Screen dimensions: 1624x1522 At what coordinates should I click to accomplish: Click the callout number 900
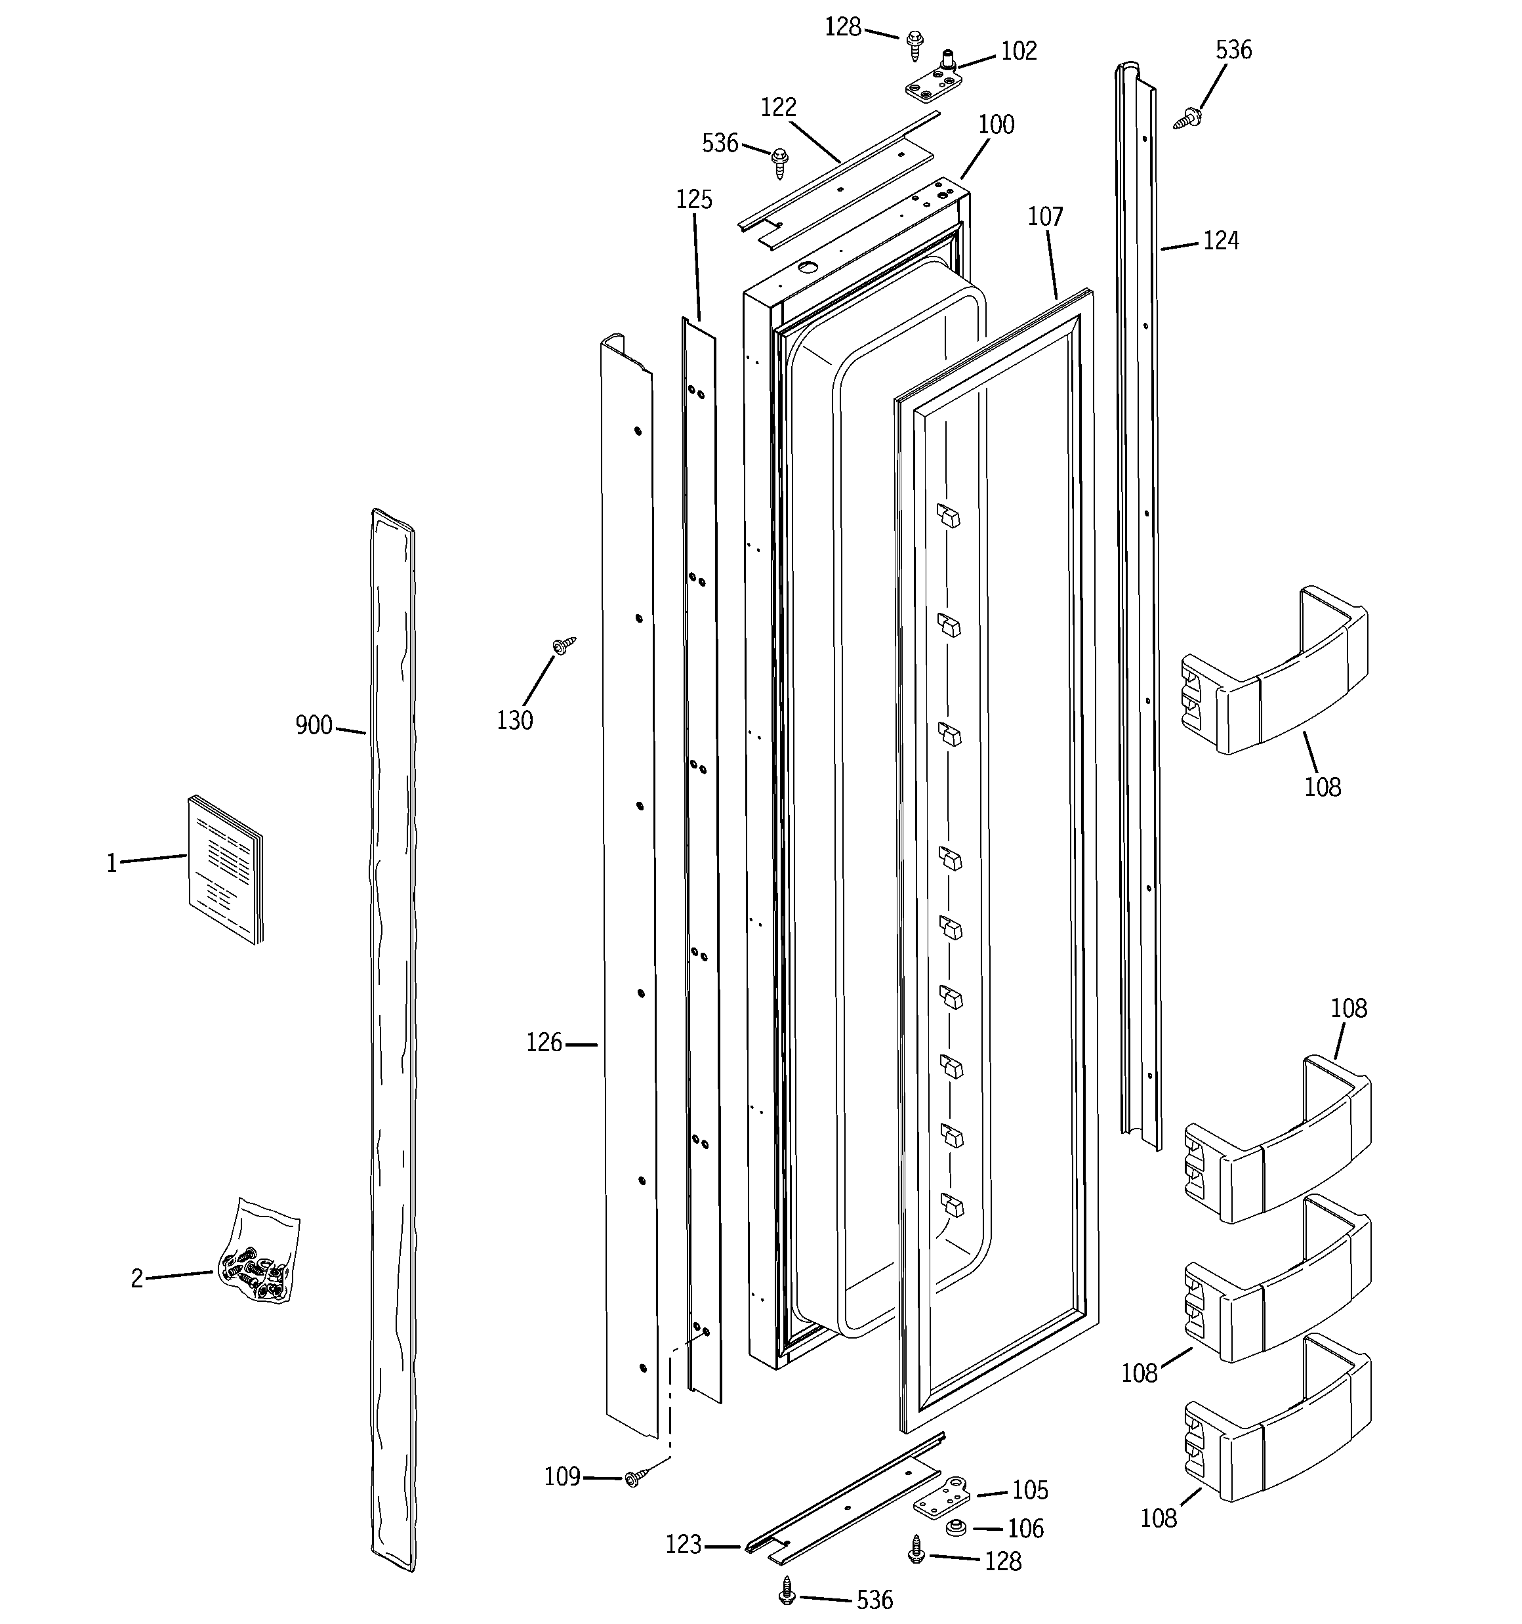(314, 724)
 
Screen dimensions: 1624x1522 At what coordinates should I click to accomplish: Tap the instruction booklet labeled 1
(226, 870)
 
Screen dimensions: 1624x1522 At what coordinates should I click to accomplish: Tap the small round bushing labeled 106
(953, 1527)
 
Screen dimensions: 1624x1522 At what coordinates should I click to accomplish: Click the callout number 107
(1045, 217)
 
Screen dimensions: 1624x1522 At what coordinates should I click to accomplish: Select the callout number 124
(1220, 241)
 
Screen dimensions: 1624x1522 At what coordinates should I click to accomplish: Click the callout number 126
(543, 1043)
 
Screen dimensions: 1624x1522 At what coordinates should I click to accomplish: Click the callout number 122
(778, 107)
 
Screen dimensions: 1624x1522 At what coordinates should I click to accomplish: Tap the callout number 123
(683, 1544)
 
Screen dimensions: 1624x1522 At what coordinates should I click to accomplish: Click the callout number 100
(996, 124)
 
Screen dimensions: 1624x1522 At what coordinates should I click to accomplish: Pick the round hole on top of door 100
(807, 267)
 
